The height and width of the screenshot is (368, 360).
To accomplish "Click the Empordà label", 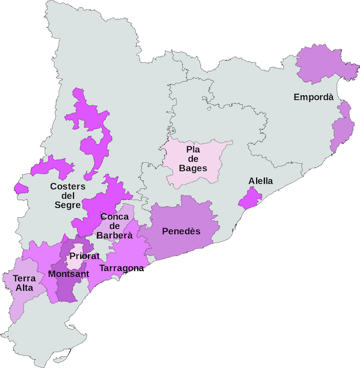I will coord(313,97).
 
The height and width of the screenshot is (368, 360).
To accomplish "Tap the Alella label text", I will coord(261,181).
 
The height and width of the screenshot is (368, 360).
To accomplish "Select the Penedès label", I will coord(181,231).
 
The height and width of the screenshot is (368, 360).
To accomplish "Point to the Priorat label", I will coord(84,256).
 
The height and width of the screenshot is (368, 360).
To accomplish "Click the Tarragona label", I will coord(121,268).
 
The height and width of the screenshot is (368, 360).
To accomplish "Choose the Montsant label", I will coord(68,274).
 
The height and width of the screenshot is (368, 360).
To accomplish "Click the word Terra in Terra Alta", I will coord(24,278).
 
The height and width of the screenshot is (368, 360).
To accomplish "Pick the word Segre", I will coord(67,205).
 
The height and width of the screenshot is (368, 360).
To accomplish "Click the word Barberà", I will coord(114,235).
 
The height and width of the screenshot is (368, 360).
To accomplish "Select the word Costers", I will coord(68,186).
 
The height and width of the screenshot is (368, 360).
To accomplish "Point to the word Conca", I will coord(115,217).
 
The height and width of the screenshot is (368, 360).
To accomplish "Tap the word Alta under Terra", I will coord(24,288).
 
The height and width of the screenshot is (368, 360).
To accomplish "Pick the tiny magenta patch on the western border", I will coord(21,188).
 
